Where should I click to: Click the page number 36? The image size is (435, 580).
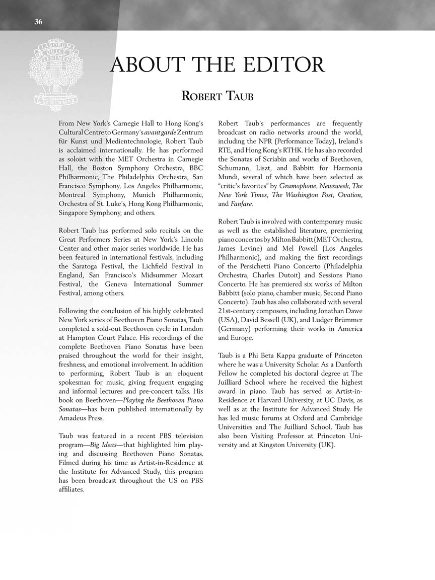[38, 21]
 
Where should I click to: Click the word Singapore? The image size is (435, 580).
[72, 213]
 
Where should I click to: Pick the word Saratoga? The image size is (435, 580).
[91, 266]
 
